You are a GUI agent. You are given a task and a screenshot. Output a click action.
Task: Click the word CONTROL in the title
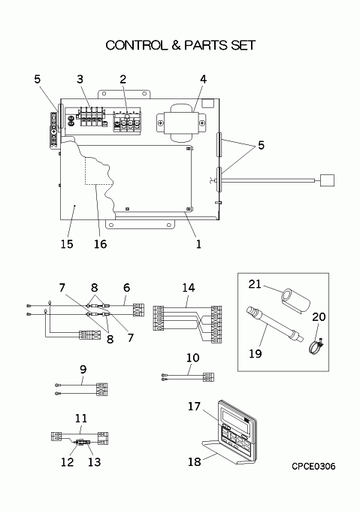pyautogui.click(x=136, y=45)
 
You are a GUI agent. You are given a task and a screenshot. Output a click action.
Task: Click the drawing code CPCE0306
pyautogui.click(x=313, y=467)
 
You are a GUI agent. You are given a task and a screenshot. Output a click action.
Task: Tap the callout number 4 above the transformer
pyautogui.click(x=203, y=79)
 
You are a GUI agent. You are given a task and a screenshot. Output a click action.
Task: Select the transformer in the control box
pyautogui.click(x=181, y=122)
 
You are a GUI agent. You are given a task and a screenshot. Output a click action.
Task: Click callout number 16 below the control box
pyautogui.click(x=101, y=243)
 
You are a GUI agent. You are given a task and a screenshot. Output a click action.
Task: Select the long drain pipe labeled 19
pyautogui.click(x=275, y=324)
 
